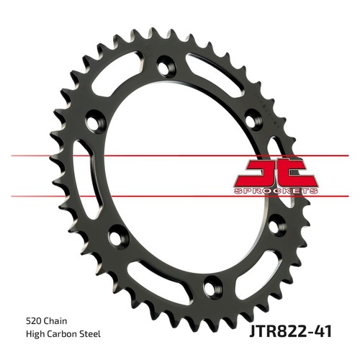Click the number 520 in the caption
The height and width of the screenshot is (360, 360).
(x=33, y=321)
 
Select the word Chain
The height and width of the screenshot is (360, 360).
(x=55, y=321)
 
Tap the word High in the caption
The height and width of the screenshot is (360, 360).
(x=35, y=334)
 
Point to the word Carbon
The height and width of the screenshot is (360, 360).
(x=63, y=334)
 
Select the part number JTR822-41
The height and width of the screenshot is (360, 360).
(x=291, y=331)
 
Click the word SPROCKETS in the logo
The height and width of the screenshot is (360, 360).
(x=276, y=191)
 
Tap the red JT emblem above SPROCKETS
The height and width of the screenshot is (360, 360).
(x=276, y=172)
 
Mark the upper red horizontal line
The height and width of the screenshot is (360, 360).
(x=180, y=156)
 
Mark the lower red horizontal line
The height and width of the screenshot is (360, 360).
(x=180, y=197)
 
